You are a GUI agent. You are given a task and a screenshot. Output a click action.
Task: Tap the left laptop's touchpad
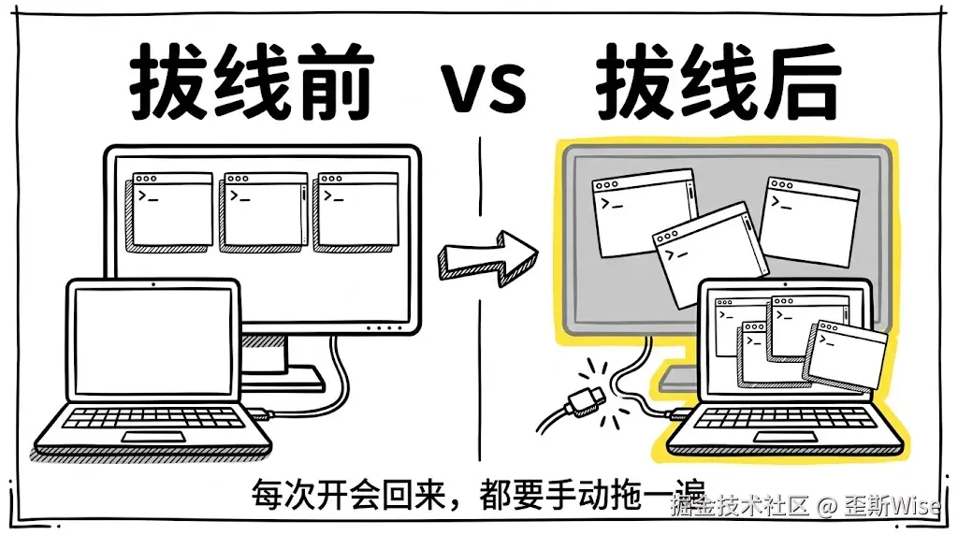point(154,437)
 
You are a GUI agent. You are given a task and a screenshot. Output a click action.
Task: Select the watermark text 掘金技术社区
point(738,506)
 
